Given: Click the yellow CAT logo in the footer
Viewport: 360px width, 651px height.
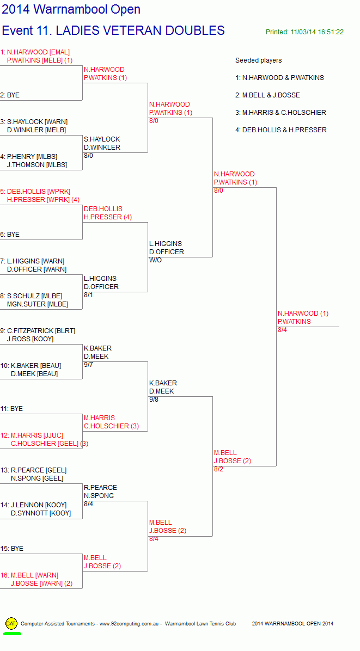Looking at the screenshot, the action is [11, 623].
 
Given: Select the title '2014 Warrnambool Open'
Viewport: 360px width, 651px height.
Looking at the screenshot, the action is [71, 9].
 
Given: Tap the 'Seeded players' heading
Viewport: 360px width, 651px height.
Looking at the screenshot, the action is [258, 60].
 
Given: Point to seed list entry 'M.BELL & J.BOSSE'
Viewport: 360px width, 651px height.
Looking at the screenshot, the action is [271, 95].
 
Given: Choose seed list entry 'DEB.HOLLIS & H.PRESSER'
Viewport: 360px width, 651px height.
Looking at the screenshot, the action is [284, 130].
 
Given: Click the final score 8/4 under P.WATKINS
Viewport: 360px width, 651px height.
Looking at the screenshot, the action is [282, 330].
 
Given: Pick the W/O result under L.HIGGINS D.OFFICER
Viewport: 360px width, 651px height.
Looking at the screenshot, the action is [155, 260].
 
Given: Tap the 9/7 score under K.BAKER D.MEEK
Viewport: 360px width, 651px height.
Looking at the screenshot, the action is [88, 365].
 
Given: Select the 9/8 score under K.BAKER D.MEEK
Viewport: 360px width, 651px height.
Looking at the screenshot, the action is [154, 400].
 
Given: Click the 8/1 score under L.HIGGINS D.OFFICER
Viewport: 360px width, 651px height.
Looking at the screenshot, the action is [88, 295].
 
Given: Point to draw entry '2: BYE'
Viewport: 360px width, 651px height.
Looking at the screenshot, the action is [10, 95].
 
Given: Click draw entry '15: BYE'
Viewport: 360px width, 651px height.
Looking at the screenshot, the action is [11, 549].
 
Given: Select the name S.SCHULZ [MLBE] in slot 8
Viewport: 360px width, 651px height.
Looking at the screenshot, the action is [34, 296].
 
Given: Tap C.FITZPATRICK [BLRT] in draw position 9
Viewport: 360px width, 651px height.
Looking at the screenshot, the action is [41, 331].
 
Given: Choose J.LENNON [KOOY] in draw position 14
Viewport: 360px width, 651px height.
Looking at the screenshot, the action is [39, 505].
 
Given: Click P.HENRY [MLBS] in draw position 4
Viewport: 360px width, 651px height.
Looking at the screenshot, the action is [32, 157].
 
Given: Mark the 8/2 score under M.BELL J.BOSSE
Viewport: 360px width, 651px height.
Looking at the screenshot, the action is [219, 470].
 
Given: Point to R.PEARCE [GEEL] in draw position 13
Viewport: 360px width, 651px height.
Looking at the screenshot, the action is [39, 470].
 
